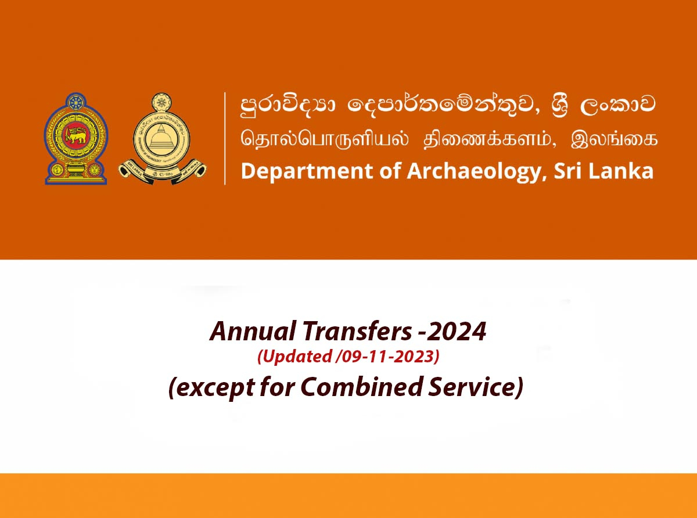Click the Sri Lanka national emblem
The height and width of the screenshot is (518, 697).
click(x=76, y=139)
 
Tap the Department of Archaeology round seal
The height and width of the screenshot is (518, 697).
click(x=162, y=139)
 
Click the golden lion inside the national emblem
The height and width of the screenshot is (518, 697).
click(x=76, y=135)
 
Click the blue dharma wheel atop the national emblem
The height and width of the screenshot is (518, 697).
click(x=76, y=102)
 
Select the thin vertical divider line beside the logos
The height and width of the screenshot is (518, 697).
click(x=225, y=139)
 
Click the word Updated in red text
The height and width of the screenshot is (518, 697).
click(x=294, y=357)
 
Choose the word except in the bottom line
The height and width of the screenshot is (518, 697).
click(x=211, y=387)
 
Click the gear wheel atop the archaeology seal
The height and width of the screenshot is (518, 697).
click(x=161, y=102)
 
